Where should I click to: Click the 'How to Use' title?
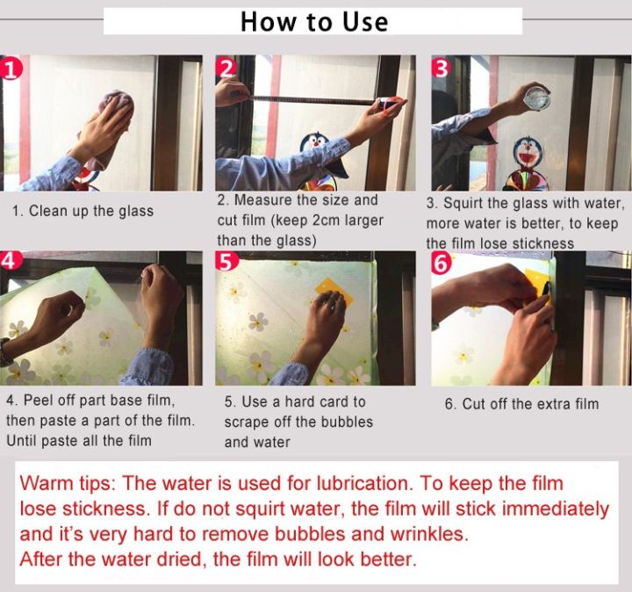click(x=314, y=22)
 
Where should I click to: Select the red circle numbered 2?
click(x=226, y=68)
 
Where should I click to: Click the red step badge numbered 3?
click(x=441, y=68)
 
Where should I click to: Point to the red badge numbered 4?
click(x=9, y=261)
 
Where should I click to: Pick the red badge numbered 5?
click(x=226, y=262)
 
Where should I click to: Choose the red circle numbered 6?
click(x=442, y=263)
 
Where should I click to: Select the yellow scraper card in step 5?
click(x=334, y=290)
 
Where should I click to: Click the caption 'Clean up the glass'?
click(x=91, y=211)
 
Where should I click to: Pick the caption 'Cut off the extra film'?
click(x=530, y=404)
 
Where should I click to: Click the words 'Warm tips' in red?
click(x=68, y=483)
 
